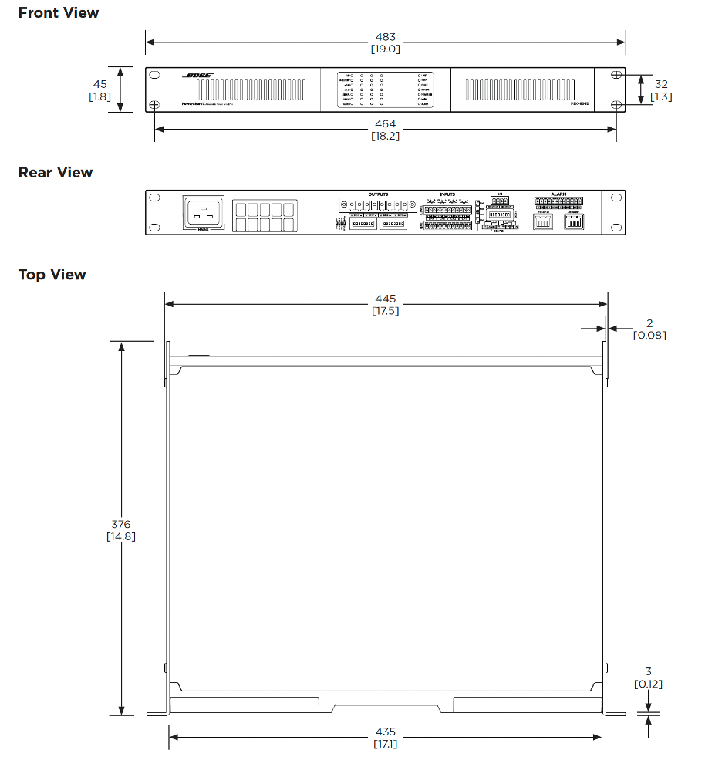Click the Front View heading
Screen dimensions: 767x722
(59, 13)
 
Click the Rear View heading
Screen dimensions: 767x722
(56, 173)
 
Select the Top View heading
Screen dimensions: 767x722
(52, 275)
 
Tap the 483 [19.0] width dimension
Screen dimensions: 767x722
(385, 42)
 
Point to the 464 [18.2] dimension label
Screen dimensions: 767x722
(385, 130)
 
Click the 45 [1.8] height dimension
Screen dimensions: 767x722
(100, 90)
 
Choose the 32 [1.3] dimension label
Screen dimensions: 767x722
(661, 90)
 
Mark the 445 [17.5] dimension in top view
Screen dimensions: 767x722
(385, 305)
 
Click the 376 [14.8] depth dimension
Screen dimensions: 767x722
(121, 530)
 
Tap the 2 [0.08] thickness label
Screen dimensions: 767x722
(649, 329)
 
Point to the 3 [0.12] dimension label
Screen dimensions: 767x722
(648, 678)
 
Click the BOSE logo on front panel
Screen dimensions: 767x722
(198, 76)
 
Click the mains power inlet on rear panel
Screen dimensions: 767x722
(203, 211)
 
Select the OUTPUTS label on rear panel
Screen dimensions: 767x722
(378, 194)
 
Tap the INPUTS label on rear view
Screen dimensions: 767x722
(447, 194)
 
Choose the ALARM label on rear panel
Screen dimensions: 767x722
(558, 194)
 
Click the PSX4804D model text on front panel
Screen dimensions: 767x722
(581, 103)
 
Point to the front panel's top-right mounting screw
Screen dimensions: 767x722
(616, 75)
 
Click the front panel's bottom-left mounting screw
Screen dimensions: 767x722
(154, 105)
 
